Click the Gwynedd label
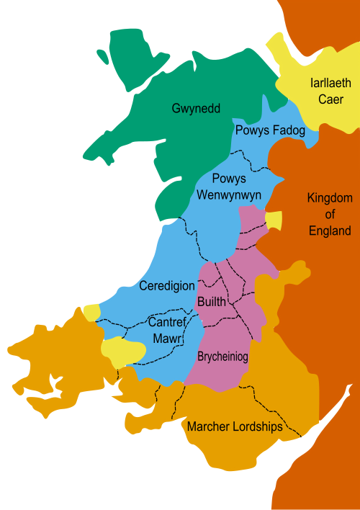tap(196, 109)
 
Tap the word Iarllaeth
tap(330, 83)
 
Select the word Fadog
tap(289, 131)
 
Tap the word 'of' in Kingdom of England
tap(329, 215)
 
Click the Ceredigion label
tap(168, 286)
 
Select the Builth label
tap(211, 302)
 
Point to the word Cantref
tap(168, 322)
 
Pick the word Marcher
tap(209, 426)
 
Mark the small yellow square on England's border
tap(274, 221)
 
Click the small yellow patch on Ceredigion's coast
tap(91, 312)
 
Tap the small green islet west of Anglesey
tap(102, 55)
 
